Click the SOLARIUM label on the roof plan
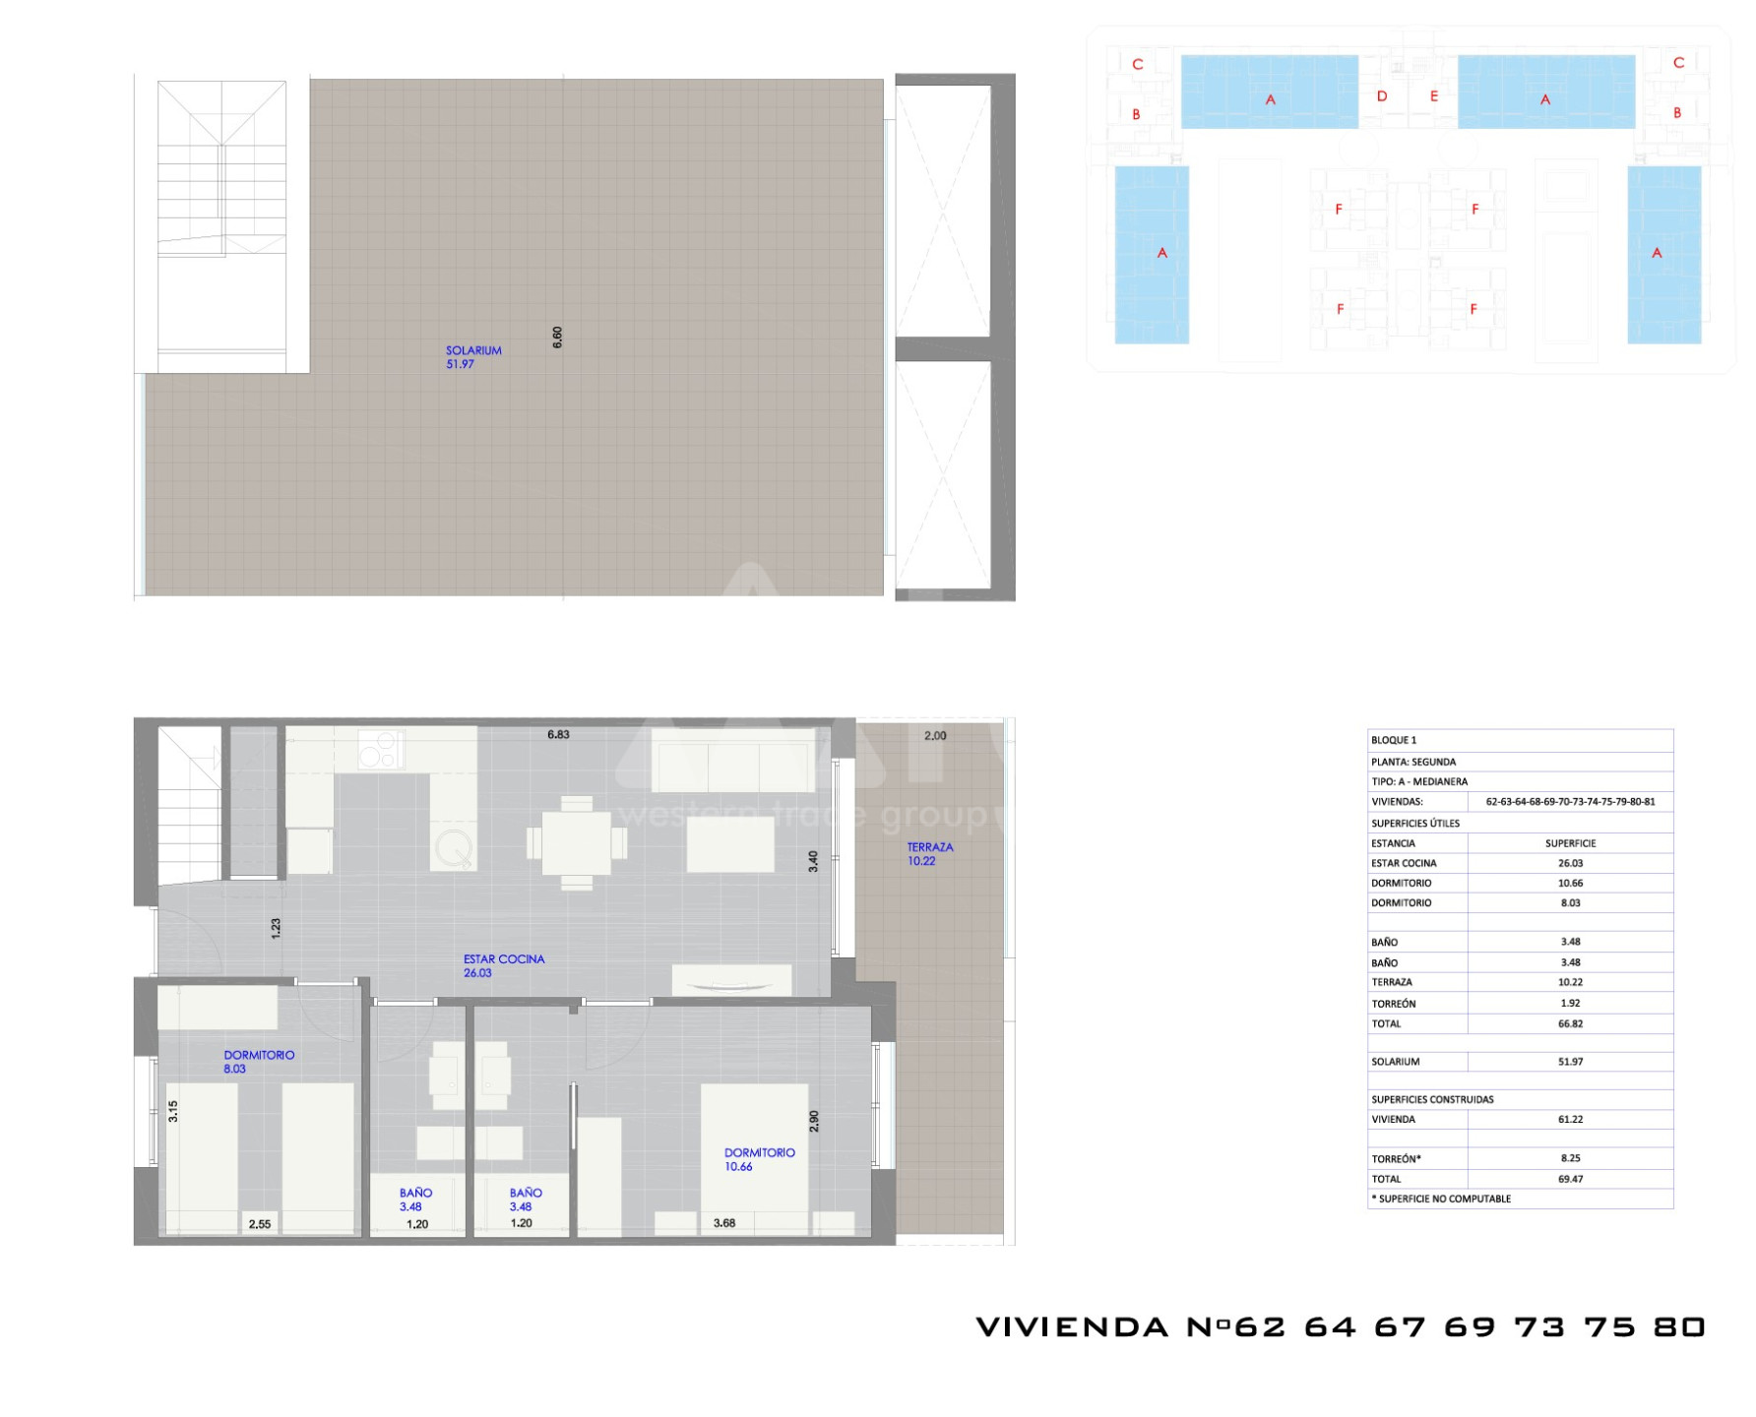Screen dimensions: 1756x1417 (x=473, y=350)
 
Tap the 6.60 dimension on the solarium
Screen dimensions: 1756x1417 (x=557, y=338)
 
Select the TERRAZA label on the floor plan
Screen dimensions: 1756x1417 (x=930, y=847)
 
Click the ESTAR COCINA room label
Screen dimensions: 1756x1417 (x=504, y=959)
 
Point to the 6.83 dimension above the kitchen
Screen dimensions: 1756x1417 (x=558, y=735)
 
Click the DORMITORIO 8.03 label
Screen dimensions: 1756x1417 (x=259, y=1062)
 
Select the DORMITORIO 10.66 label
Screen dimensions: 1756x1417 (x=759, y=1159)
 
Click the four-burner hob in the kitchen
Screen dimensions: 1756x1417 (x=380, y=749)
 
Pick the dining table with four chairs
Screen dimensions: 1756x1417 (x=577, y=843)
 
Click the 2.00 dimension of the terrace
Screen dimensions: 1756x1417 (x=935, y=736)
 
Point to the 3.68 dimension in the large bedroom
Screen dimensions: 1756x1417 (x=724, y=1223)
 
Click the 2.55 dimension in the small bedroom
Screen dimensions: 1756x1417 (x=260, y=1224)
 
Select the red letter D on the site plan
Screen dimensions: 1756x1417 (x=1382, y=96)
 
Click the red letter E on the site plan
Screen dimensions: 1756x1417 (x=1434, y=96)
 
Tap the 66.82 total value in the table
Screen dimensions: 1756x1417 (x=1570, y=1023)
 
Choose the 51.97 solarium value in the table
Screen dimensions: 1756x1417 (x=1570, y=1062)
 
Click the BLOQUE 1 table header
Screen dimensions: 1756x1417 (x=1394, y=740)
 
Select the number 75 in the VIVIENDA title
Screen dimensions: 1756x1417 (x=1609, y=1327)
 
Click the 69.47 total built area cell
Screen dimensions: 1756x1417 (x=1570, y=1179)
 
